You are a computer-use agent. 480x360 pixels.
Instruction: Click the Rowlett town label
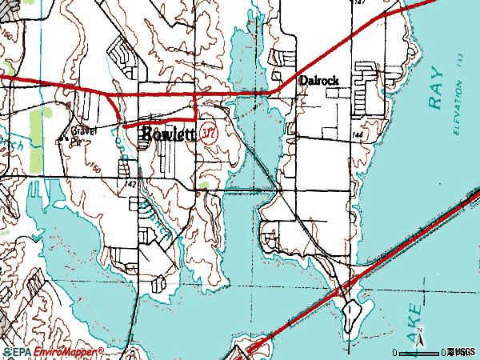tap(169, 134)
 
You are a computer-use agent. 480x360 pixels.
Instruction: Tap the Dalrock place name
tap(319, 81)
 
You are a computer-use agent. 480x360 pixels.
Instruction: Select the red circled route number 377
tap(210, 131)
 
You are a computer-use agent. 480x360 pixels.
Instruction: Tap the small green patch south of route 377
tap(206, 185)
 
